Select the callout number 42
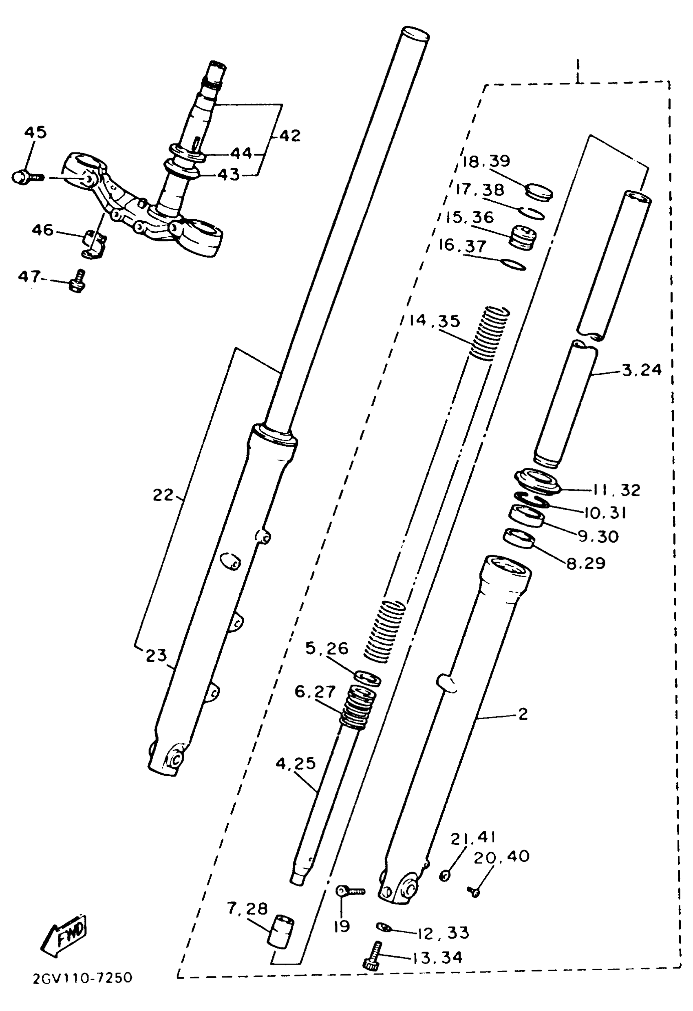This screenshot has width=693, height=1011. click(289, 136)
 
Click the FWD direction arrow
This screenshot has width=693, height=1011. click(65, 936)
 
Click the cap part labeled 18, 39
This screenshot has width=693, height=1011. click(539, 192)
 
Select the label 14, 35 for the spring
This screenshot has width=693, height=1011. click(434, 321)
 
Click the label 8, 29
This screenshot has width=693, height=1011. click(585, 564)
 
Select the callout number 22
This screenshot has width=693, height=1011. click(163, 495)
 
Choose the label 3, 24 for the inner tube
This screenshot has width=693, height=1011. click(642, 370)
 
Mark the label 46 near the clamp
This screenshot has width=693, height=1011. click(42, 230)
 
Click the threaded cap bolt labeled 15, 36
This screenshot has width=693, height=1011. click(523, 237)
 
